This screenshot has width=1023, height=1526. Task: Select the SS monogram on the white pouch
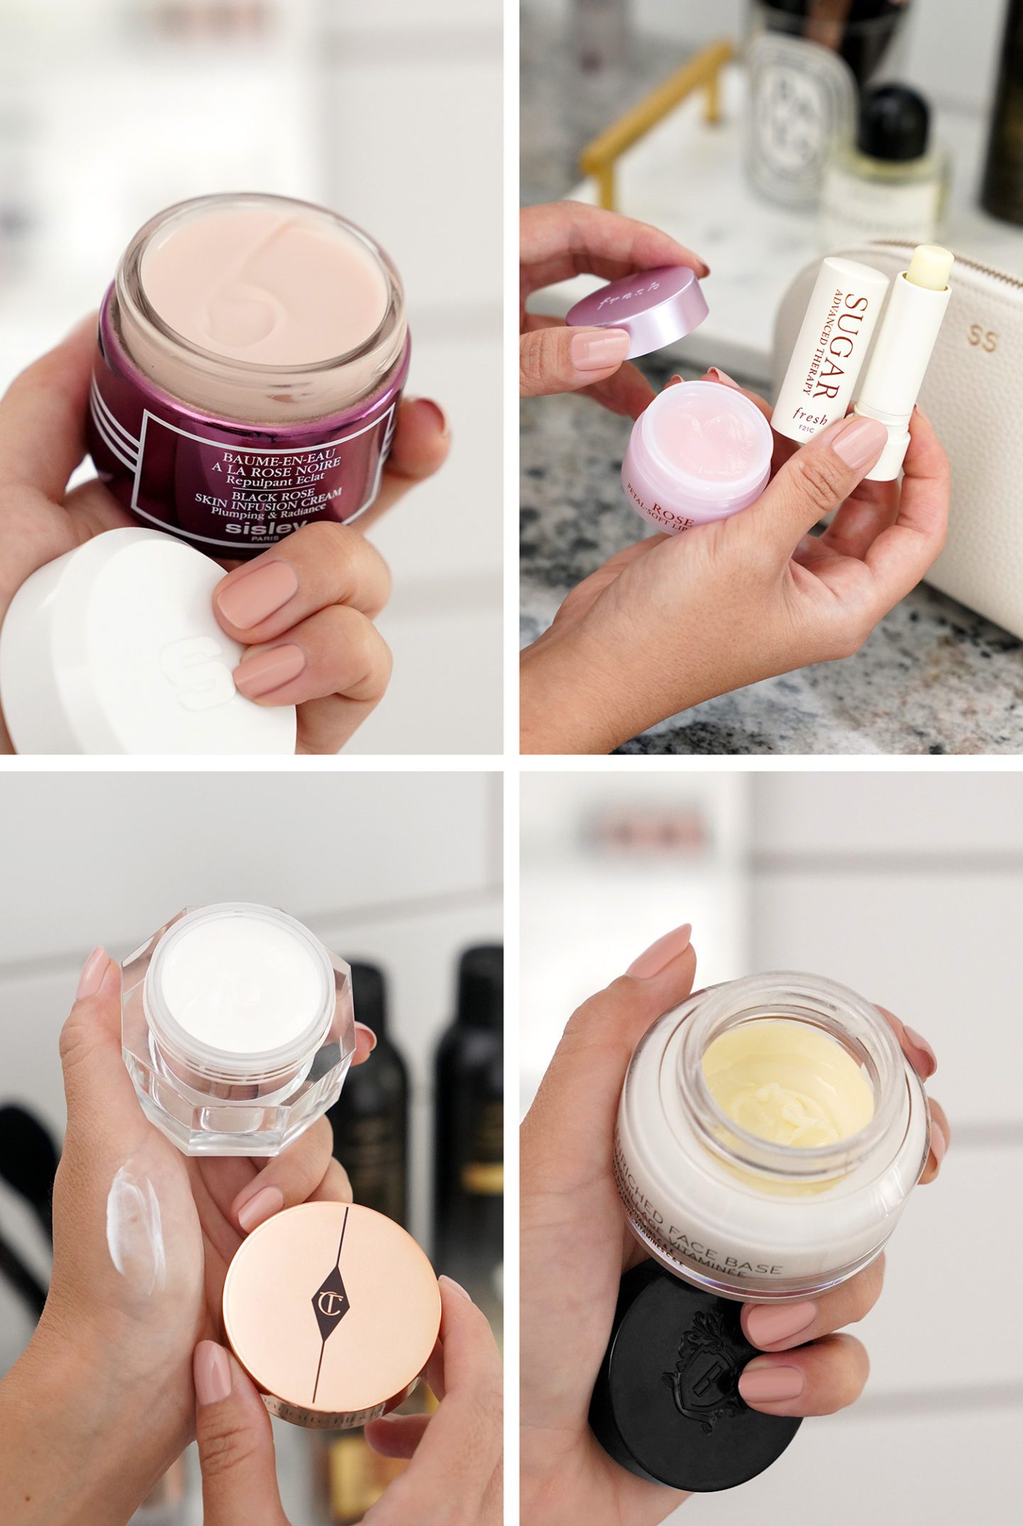(x=982, y=340)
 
